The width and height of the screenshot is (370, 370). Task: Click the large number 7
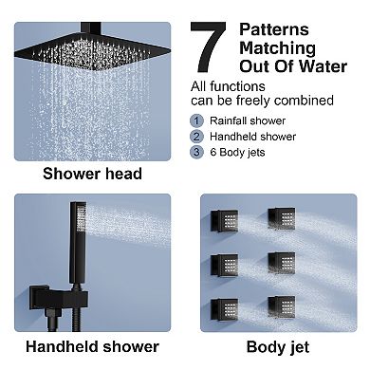coord(208,47)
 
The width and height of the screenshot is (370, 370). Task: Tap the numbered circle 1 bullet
coord(196,120)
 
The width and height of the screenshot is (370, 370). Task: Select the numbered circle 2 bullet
coord(196,137)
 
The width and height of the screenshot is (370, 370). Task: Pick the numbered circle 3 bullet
coord(196,152)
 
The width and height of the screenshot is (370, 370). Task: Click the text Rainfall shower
coord(248,120)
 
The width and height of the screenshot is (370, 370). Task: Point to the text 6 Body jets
coord(237,153)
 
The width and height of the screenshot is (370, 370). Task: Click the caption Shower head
coord(92,174)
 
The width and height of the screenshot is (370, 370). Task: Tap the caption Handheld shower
coord(92,346)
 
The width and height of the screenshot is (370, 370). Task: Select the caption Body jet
coord(278,347)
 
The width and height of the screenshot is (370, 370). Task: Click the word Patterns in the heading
coord(274,29)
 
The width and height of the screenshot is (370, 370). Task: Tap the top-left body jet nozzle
coord(225,220)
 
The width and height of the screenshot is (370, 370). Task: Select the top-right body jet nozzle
coord(282,218)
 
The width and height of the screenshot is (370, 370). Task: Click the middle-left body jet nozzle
coord(225,266)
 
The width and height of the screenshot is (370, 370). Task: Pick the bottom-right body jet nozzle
coord(282,307)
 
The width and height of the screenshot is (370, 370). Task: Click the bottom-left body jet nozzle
coord(225,309)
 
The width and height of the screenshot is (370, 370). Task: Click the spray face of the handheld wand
coord(82,220)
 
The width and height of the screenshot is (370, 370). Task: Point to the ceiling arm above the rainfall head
coord(91,28)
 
